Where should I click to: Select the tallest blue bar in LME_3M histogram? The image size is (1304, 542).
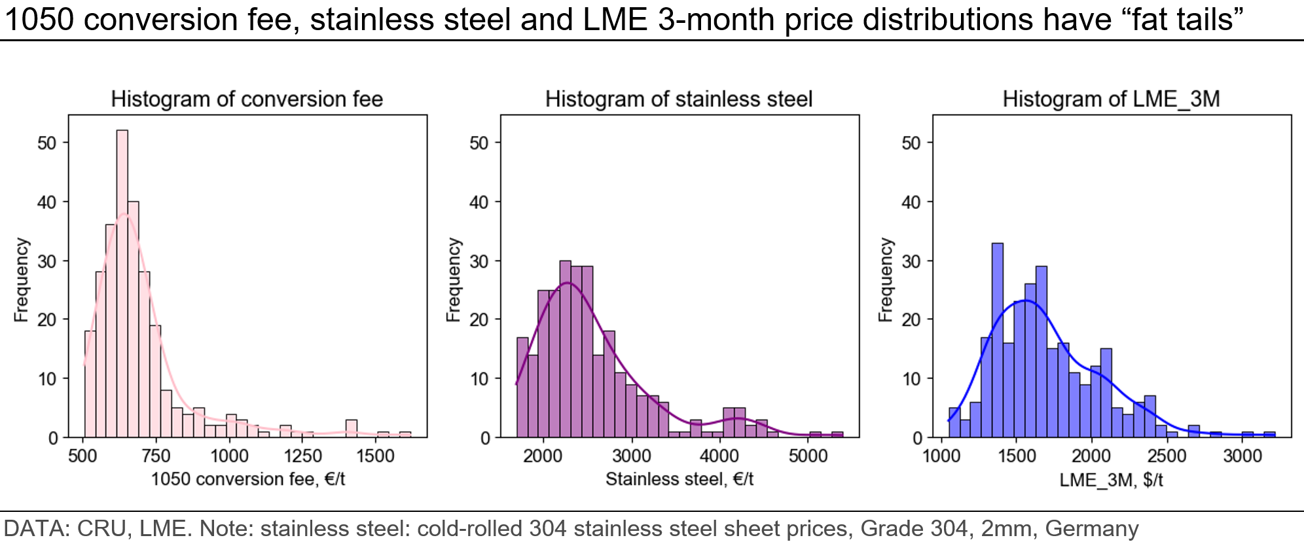tap(998, 340)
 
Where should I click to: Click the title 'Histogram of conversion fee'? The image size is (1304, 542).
tap(247, 99)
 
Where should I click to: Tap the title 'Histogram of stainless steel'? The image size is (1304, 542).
tap(679, 99)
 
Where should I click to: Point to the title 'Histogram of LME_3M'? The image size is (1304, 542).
tap(1111, 99)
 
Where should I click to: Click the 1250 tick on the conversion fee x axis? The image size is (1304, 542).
tap(302, 456)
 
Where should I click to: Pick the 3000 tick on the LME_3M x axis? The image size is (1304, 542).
tap(1242, 456)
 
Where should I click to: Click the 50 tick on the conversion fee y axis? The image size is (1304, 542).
tap(47, 143)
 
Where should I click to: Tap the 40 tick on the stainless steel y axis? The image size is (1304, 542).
tap(479, 202)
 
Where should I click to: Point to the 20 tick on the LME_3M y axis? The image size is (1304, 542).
tap(911, 320)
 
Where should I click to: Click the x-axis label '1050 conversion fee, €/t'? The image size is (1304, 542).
tap(248, 479)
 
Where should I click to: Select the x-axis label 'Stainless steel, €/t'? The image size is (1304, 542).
tap(679, 479)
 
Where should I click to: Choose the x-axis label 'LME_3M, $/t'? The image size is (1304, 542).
tap(1111, 480)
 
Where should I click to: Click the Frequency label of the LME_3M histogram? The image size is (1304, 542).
tap(886, 280)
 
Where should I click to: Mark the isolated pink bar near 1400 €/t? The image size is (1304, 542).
tap(352, 429)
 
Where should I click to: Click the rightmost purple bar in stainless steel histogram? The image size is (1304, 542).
tap(837, 435)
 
